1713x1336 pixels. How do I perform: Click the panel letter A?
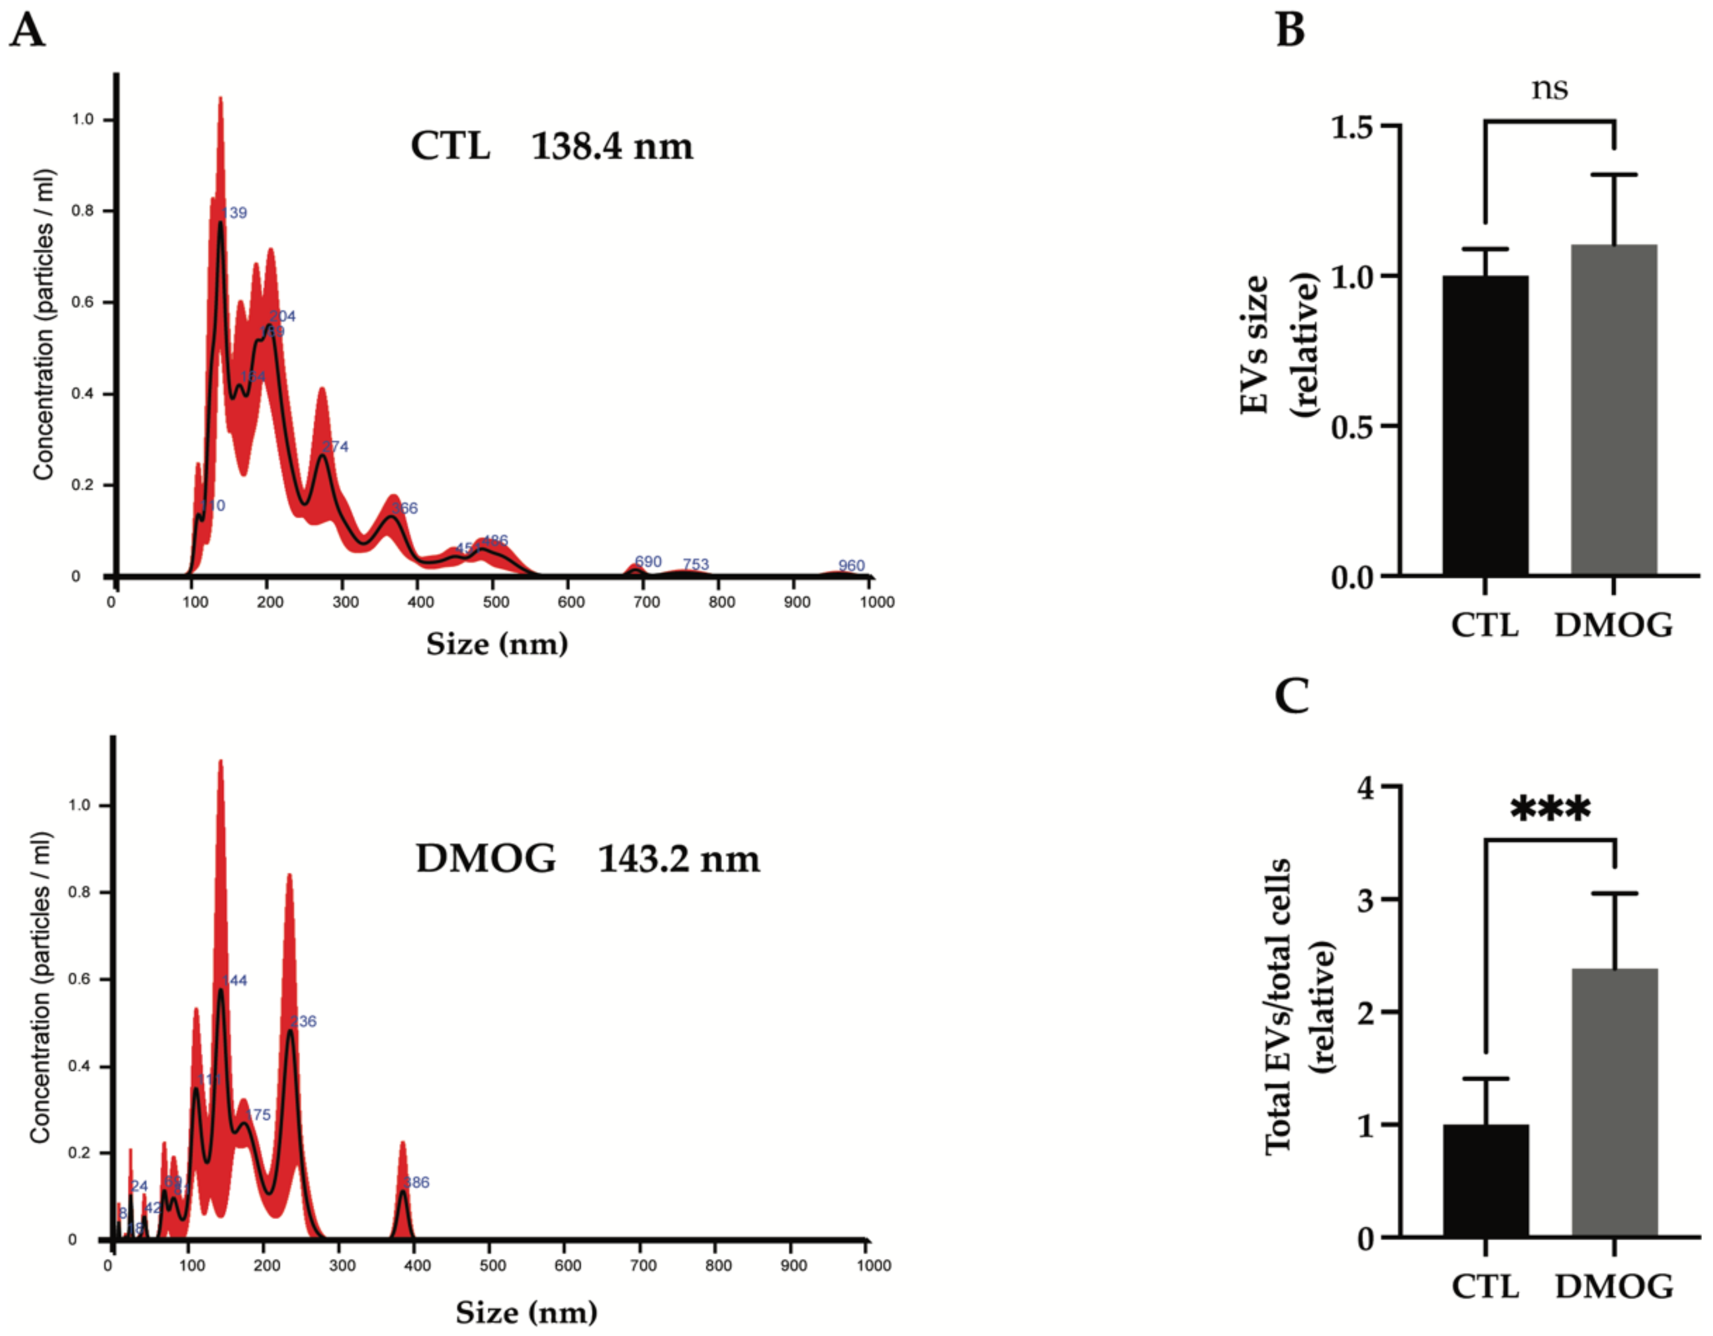pyautogui.click(x=27, y=32)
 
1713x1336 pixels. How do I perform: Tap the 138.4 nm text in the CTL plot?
pyautogui.click(x=612, y=147)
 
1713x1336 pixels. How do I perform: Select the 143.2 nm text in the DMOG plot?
pyautogui.click(x=679, y=859)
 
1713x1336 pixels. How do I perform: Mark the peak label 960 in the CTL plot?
pyautogui.click(x=851, y=565)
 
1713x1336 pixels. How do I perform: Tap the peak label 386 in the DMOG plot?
pyautogui.click(x=417, y=1183)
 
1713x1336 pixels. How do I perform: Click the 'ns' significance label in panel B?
pyautogui.click(x=1550, y=88)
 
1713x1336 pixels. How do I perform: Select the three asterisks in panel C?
pyautogui.click(x=1550, y=809)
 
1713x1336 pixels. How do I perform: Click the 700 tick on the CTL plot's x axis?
pyautogui.click(x=646, y=602)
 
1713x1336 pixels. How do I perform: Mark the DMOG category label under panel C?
pyautogui.click(x=1613, y=1286)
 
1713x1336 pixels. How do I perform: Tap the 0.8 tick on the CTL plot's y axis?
pyautogui.click(x=82, y=211)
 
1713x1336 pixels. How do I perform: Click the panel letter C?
pyautogui.click(x=1291, y=695)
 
